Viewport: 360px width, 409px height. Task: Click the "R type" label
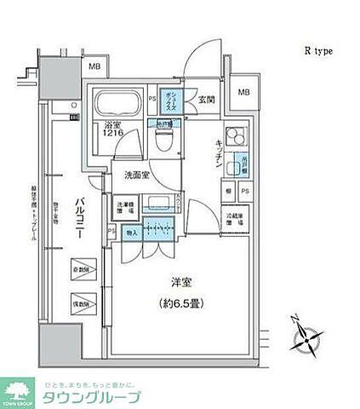[x=318, y=51]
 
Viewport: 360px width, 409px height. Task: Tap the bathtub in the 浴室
[x=118, y=107]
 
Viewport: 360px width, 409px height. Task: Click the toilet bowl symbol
[x=167, y=136]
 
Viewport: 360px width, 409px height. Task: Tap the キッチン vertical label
[x=219, y=154]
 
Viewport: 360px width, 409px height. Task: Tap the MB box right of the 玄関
[x=244, y=93]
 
